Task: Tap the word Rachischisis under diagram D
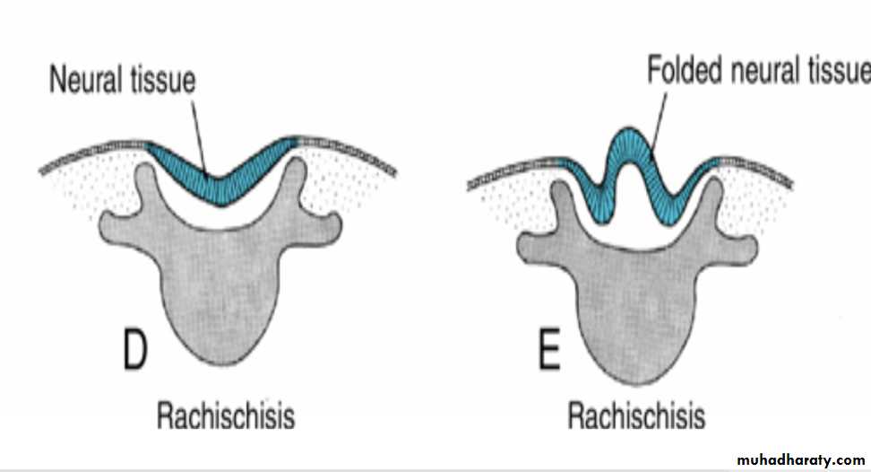point(226,415)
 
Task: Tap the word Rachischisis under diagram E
point(636,415)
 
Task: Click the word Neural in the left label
point(86,80)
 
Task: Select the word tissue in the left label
point(163,80)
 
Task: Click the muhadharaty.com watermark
point(801,459)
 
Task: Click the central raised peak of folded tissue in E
point(629,145)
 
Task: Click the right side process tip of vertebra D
point(332,229)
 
